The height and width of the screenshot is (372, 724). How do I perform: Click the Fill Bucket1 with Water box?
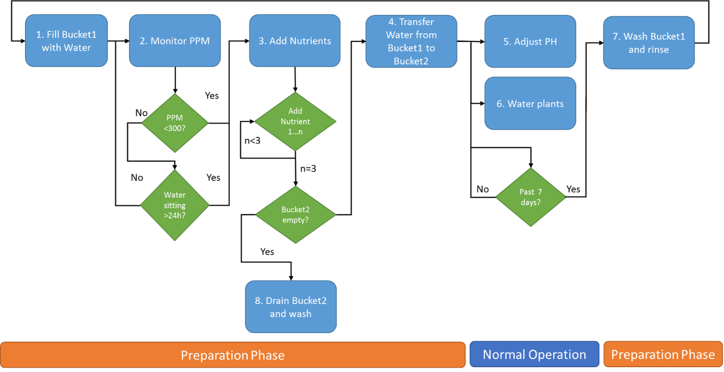pos(66,41)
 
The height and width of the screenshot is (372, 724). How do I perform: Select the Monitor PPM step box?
pos(175,41)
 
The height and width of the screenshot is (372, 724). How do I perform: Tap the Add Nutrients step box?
pos(294,41)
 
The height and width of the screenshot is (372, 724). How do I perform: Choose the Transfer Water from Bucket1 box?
pos(411,41)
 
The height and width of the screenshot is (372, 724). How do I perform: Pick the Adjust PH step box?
pos(530,41)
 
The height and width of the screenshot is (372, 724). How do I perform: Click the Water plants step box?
pos(530,103)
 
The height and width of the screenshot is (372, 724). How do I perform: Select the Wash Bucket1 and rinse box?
pos(648,43)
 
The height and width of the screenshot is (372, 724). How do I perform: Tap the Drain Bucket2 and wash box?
pos(291,307)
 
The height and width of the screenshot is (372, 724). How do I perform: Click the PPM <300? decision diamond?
pos(175,123)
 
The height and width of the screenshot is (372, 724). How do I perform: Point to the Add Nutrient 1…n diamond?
pos(295,121)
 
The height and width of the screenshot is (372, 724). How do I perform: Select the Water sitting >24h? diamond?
pos(175,205)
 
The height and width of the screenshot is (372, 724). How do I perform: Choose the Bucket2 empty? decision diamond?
pos(295,215)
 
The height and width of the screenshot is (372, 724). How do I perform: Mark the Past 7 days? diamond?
pos(531,197)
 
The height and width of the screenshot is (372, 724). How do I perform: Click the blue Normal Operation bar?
pos(534,355)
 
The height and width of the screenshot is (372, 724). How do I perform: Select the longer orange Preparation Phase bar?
pos(233,355)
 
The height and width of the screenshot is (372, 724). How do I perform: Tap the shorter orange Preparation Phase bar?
pos(663,355)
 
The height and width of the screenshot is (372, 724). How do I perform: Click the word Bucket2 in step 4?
pos(411,61)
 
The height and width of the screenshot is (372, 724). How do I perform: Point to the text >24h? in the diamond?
pos(175,216)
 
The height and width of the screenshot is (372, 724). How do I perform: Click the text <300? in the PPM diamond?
pos(175,128)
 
